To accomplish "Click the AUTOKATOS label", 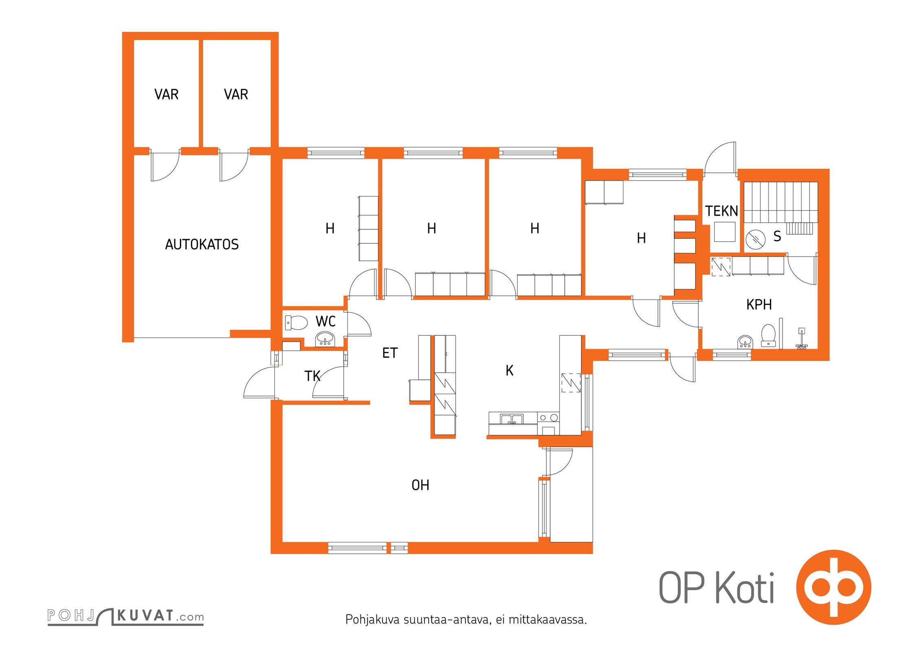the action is [202, 244].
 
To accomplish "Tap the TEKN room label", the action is [721, 211].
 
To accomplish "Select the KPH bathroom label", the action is [759, 304].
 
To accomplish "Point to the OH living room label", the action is [420, 485].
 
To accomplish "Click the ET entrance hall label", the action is [390, 353].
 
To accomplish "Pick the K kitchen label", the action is [509, 370].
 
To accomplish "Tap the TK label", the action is [312, 376].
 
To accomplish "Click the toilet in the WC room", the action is [296, 323].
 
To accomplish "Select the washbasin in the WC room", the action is [325, 339].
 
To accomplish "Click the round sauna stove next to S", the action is [755, 239].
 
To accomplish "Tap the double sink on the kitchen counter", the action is [512, 419].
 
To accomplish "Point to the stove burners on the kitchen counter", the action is [548, 418].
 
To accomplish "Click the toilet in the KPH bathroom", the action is [768, 335].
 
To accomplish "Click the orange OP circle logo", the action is [833, 587].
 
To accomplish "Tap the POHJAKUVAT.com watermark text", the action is [125, 616].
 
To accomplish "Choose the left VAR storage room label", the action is [167, 95].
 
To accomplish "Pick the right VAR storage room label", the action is [236, 95].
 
